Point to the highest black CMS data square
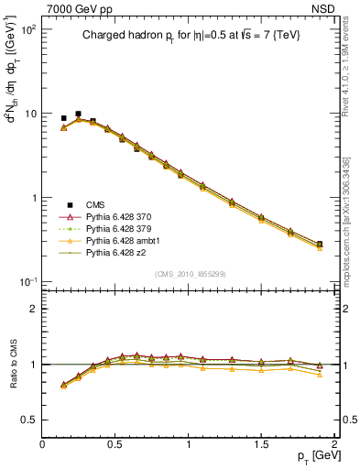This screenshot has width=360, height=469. coord(78,115)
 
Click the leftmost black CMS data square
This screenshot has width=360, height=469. coord(63,118)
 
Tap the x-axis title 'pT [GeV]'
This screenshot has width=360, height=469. coord(311,456)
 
